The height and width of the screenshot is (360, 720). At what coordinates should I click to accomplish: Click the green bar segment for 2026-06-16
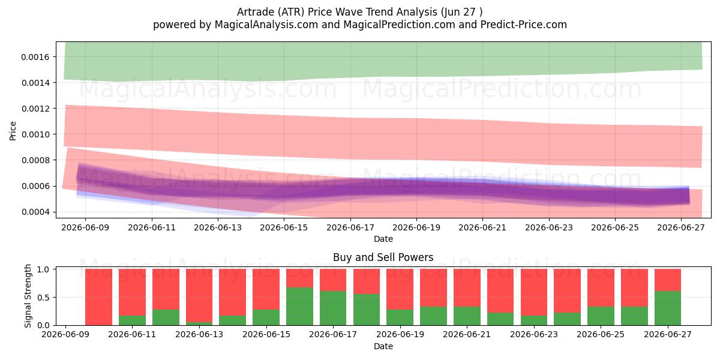(299, 306)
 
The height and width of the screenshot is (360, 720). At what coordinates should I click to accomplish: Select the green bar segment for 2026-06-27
(668, 308)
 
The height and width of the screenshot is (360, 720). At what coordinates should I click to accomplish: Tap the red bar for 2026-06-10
(98, 297)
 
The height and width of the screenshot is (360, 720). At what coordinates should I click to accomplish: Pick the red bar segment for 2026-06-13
(199, 295)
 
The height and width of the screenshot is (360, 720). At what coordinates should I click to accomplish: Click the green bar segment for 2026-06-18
(367, 310)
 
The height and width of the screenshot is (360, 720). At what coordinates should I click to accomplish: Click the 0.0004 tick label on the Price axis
(35, 212)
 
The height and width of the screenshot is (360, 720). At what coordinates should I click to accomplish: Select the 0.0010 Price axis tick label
(35, 134)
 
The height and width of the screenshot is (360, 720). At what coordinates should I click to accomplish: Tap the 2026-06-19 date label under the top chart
(416, 227)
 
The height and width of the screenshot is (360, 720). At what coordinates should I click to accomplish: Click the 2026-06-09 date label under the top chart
(85, 227)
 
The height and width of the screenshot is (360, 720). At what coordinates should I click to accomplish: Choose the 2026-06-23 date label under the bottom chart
(534, 334)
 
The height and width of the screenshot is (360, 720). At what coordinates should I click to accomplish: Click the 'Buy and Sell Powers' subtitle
(383, 257)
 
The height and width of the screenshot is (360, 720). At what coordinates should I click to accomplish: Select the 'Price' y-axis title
(13, 131)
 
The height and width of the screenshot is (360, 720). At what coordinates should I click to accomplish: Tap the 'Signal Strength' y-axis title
(28, 296)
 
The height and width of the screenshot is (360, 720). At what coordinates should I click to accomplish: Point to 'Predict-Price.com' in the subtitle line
(524, 25)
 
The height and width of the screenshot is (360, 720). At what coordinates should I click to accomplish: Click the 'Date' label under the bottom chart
(383, 346)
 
